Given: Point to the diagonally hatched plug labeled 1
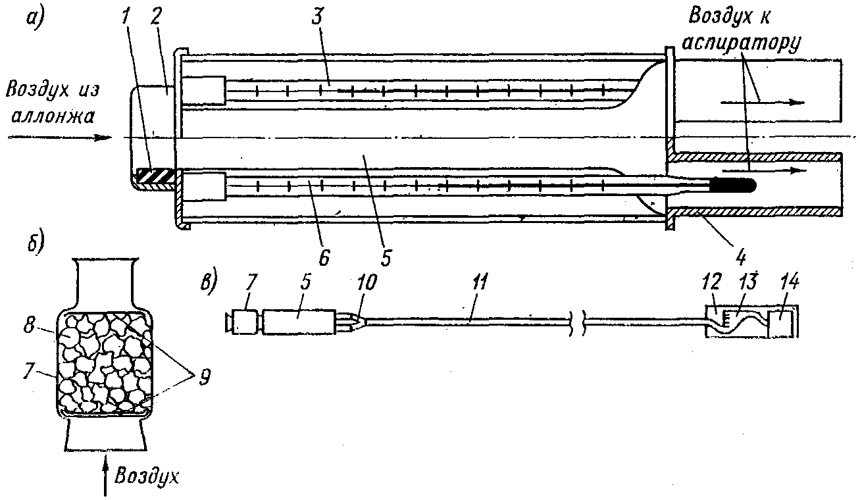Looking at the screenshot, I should click(x=155, y=177).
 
